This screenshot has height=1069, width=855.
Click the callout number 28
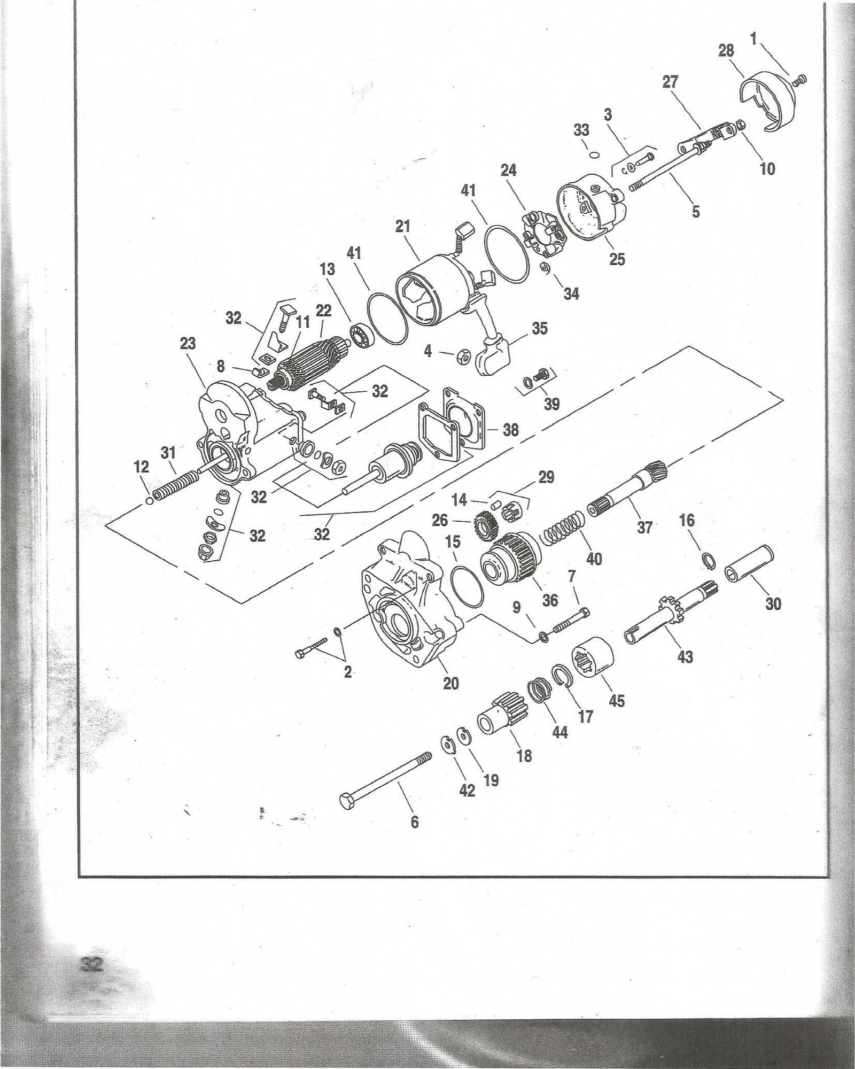(x=726, y=51)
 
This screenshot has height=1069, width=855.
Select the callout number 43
(x=685, y=656)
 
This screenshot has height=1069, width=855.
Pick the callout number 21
(x=403, y=227)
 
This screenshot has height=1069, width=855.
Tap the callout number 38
(x=511, y=429)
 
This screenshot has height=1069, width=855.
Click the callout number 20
(x=451, y=683)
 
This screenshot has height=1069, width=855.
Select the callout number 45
(x=617, y=700)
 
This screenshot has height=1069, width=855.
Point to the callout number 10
(x=767, y=169)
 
